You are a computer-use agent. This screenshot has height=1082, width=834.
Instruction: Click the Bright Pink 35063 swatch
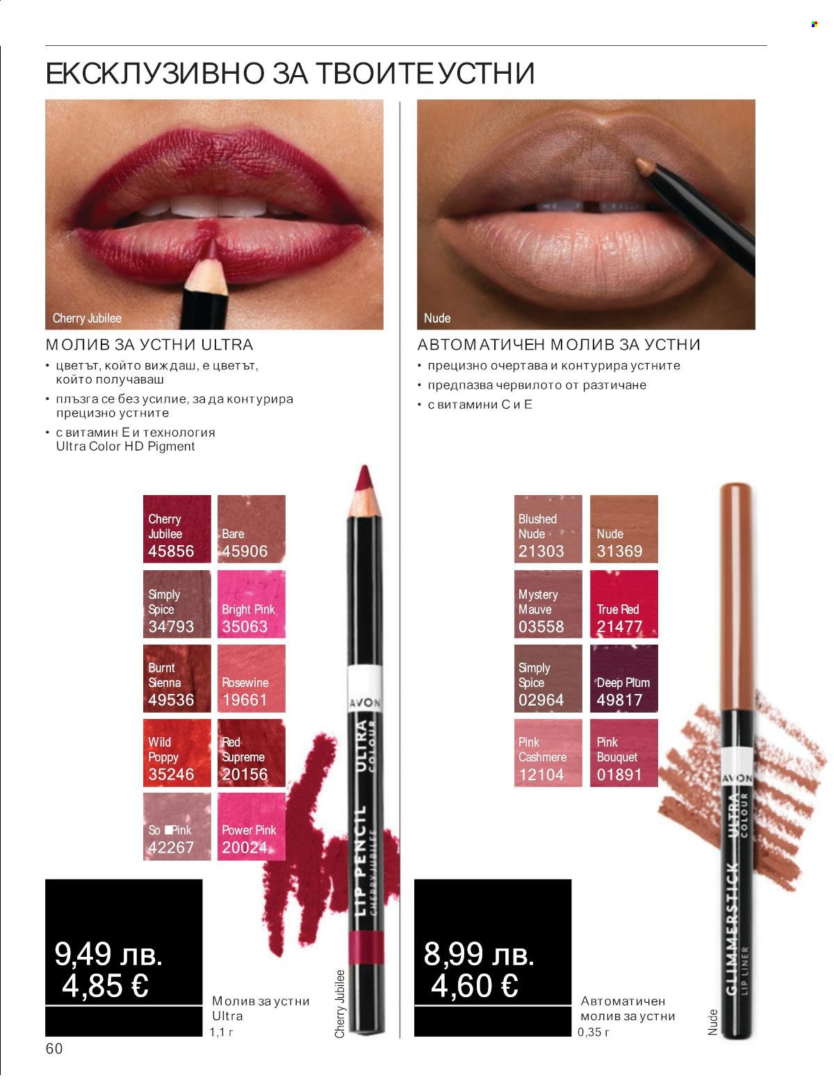click(252, 604)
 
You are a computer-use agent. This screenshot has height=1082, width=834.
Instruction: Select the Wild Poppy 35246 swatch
click(177, 752)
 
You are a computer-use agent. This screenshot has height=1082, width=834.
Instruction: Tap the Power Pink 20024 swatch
click(252, 827)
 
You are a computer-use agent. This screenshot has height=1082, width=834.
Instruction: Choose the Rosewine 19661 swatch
click(252, 678)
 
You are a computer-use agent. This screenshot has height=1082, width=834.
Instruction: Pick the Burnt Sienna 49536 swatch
click(177, 678)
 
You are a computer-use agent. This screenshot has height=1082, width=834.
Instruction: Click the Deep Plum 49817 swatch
click(624, 678)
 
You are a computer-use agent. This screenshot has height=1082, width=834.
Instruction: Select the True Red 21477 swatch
click(624, 604)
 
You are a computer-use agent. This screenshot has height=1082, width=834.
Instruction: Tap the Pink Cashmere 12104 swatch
click(548, 752)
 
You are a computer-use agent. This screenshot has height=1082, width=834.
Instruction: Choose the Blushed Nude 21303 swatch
click(548, 528)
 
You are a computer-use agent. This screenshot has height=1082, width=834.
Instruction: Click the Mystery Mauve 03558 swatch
click(548, 604)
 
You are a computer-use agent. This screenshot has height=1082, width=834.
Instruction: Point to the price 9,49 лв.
click(108, 954)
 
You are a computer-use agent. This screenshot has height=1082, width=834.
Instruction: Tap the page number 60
click(54, 1049)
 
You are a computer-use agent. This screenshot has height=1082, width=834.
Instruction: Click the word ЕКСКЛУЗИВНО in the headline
click(155, 73)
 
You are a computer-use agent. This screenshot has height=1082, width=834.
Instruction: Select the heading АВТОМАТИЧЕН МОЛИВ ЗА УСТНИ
click(559, 345)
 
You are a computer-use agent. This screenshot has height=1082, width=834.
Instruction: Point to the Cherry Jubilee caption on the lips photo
click(87, 318)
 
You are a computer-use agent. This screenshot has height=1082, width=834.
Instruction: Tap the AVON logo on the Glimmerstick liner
click(737, 778)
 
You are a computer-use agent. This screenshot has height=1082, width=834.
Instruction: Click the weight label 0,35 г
click(594, 1032)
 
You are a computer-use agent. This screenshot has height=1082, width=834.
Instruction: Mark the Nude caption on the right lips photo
click(437, 318)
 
